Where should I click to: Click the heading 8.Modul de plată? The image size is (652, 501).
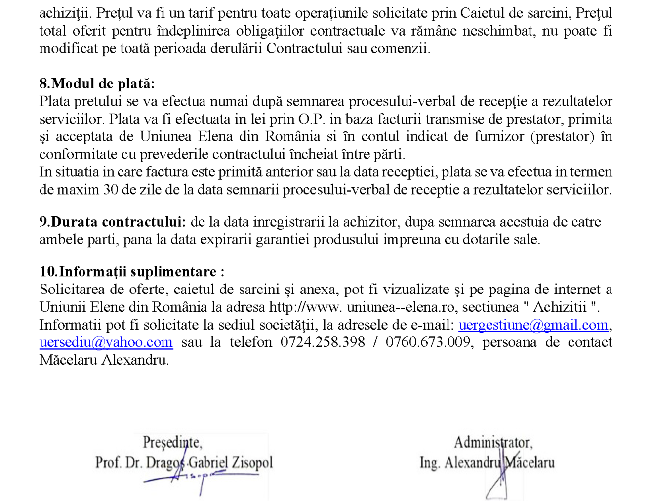point(97,83)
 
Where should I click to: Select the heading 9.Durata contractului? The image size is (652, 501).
point(113,222)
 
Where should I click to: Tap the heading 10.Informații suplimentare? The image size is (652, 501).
point(132,272)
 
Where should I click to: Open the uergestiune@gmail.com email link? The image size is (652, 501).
point(533,325)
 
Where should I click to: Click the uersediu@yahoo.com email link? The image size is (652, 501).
point(106,342)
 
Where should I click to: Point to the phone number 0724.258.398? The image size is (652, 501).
point(323,342)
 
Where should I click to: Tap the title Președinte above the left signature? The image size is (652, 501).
point(172,442)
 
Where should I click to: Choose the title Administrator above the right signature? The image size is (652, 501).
point(493,442)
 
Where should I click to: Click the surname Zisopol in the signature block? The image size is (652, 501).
point(252,462)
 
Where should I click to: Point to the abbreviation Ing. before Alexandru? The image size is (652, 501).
point(429,462)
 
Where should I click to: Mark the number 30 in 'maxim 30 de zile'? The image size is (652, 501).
point(111,190)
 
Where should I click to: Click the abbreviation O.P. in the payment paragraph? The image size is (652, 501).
point(312,119)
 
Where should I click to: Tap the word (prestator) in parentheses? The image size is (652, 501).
point(562,137)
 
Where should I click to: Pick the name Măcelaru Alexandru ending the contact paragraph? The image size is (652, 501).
point(104,360)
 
